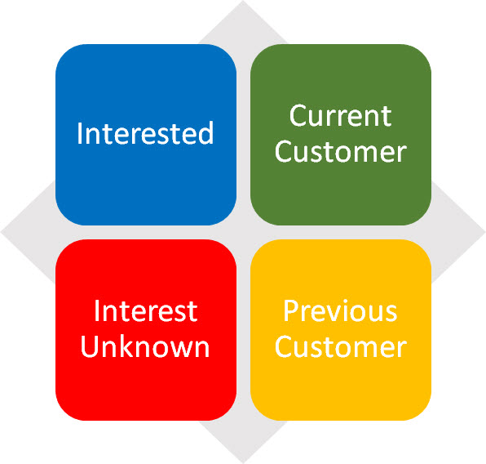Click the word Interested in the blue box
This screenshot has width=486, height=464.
pyautogui.click(x=145, y=133)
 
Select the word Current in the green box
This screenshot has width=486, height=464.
pyautogui.click(x=340, y=116)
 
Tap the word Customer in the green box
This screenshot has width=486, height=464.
pyautogui.click(x=340, y=152)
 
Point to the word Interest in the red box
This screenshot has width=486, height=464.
pyautogui.click(x=145, y=311)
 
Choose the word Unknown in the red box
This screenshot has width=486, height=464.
pyautogui.click(x=145, y=346)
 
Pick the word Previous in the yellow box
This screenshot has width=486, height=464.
pyautogui.click(x=340, y=311)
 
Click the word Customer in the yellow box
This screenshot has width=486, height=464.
pyautogui.click(x=340, y=346)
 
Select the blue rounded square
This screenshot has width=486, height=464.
pyautogui.click(x=146, y=135)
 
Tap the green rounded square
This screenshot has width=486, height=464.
pyautogui.click(x=341, y=135)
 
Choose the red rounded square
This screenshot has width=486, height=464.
pyautogui.click(x=146, y=330)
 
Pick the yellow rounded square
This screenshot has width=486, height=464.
pyautogui.click(x=341, y=330)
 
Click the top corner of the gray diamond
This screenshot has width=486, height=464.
pyautogui.click(x=243, y=1)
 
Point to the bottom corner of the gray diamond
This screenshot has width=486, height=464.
pyautogui.click(x=243, y=463)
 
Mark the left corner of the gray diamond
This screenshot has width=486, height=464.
pyautogui.click(x=1, y=232)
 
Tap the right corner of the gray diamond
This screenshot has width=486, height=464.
pyautogui.click(x=485, y=232)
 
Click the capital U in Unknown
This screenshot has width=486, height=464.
pyautogui.click(x=89, y=346)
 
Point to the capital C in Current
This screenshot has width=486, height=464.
pyautogui.click(x=298, y=116)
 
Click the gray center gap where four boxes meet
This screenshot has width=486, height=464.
pyautogui.click(x=243, y=232)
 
